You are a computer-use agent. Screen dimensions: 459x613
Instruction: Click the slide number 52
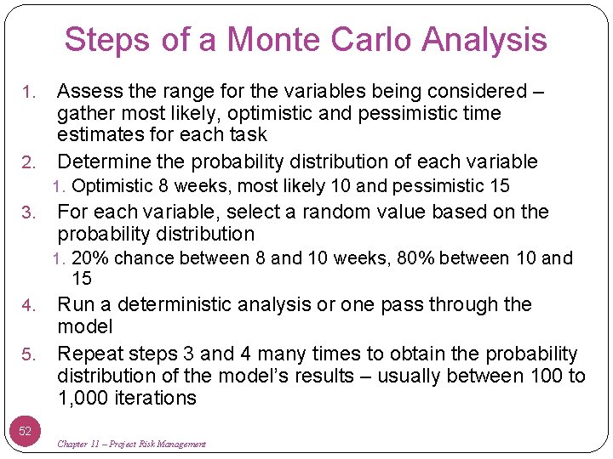click(x=26, y=431)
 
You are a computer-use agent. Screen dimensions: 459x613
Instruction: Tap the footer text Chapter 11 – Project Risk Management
click(x=131, y=444)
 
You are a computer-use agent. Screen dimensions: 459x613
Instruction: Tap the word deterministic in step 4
click(x=169, y=304)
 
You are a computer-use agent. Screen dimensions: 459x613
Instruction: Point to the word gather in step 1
click(x=81, y=113)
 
